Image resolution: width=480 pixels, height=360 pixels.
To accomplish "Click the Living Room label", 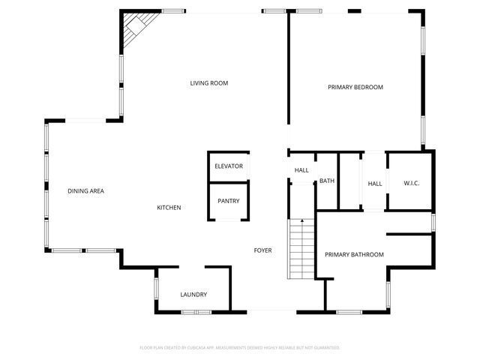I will click(x=208, y=83).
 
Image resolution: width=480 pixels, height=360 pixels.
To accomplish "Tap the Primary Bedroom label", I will click(x=355, y=88).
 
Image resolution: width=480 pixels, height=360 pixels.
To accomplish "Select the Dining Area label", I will click(x=85, y=191).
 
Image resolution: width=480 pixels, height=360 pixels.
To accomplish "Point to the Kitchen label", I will click(x=169, y=208).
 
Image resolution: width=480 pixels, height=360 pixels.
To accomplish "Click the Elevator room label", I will click(x=229, y=166).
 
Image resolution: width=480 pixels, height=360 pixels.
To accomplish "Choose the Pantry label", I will click(x=229, y=201).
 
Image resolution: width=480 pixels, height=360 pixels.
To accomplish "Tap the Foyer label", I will click(x=262, y=250).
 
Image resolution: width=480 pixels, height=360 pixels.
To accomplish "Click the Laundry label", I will click(x=193, y=295).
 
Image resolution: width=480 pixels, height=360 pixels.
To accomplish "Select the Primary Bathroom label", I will click(x=354, y=255).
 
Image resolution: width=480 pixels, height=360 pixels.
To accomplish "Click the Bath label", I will click(x=327, y=181).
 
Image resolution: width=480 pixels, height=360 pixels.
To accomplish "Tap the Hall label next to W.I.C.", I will click(x=375, y=184).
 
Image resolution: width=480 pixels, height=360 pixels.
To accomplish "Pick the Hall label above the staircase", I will click(x=301, y=170).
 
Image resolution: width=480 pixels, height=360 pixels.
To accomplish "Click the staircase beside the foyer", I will click(x=301, y=247).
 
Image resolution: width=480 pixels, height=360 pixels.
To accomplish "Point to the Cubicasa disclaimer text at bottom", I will click(x=240, y=348).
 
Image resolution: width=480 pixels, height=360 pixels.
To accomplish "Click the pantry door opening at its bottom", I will click(x=228, y=220).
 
